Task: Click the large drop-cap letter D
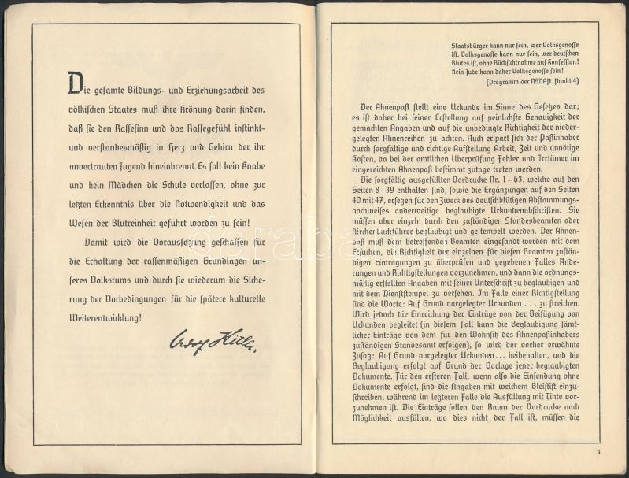(75, 82)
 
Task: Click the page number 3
(598, 452)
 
